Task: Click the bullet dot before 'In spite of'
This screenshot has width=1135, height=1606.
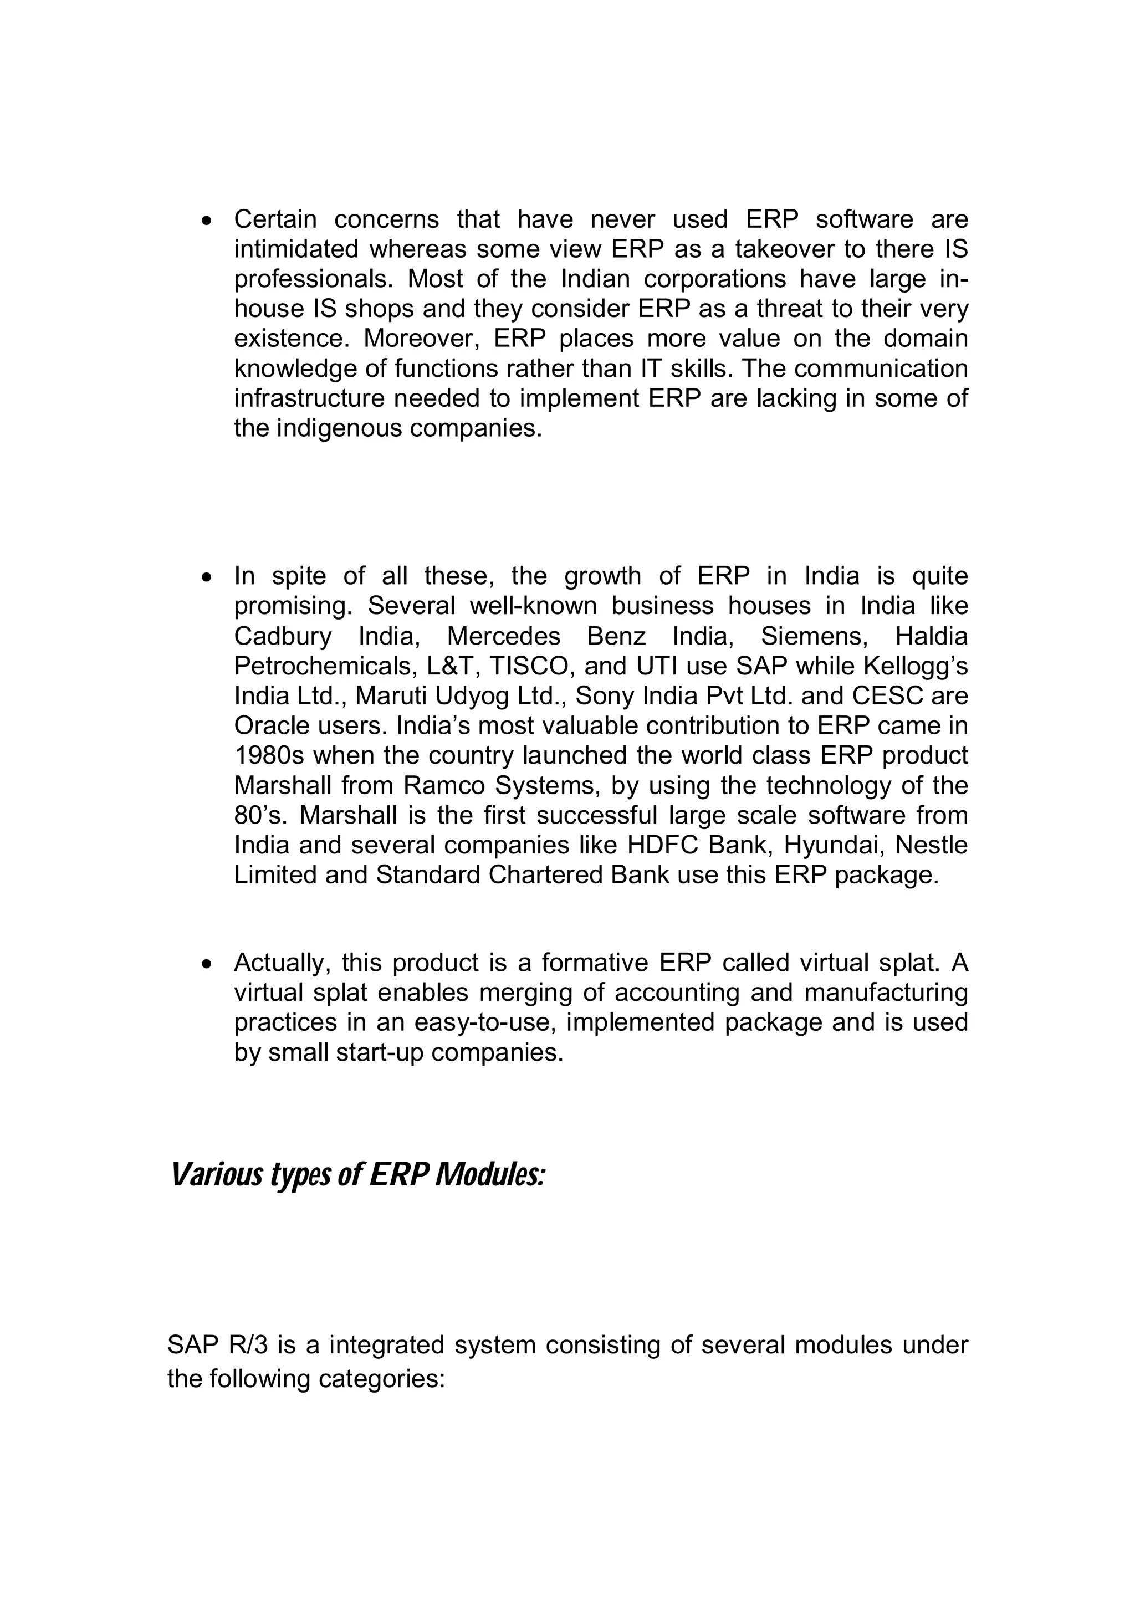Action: [x=206, y=579]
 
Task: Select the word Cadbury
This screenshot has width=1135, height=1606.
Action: [x=282, y=637]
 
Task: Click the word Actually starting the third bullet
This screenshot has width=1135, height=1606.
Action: [x=282, y=963]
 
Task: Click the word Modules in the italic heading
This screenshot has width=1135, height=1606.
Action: [x=489, y=1175]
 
